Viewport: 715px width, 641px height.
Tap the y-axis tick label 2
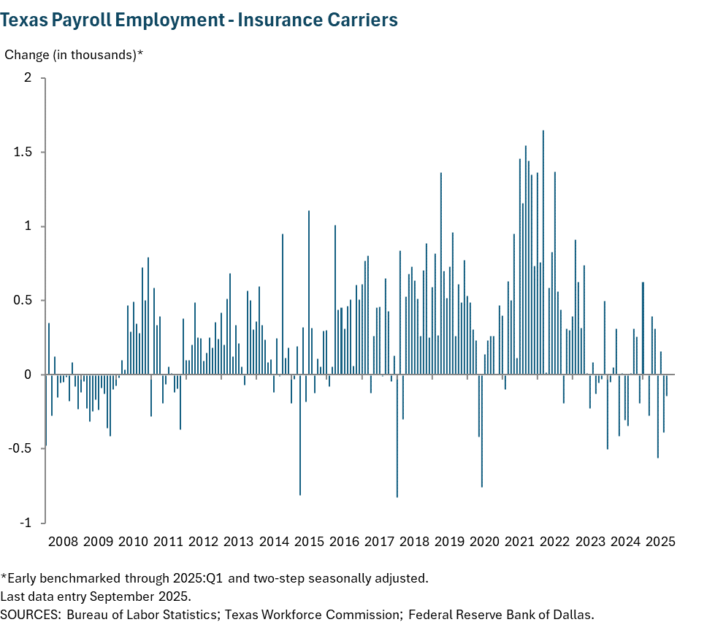click(x=29, y=78)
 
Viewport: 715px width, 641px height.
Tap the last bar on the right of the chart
click(x=667, y=385)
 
